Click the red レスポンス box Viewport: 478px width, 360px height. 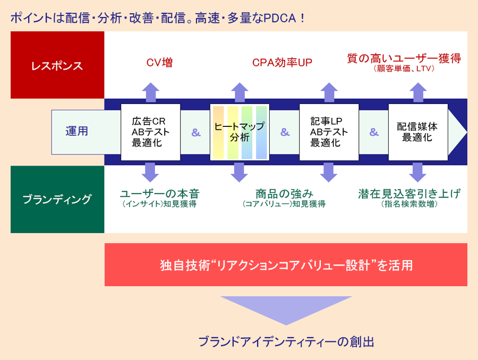coord(57,65)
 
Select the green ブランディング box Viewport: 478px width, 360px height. coord(57,199)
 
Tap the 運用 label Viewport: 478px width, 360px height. coord(77,131)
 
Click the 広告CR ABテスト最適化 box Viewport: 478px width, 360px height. coord(151,132)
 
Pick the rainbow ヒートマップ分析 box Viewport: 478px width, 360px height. coord(240,132)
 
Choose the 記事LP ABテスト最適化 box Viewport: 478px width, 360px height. coord(329,132)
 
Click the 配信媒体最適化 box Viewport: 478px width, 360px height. coord(418,132)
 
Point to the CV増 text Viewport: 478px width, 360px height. coord(159,63)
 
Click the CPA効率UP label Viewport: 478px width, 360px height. coord(283,63)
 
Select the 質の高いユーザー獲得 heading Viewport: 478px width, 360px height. coord(404,58)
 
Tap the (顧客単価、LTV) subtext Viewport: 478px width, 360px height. coord(404,68)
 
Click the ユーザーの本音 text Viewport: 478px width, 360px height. coord(160,194)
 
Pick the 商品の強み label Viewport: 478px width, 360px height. coord(284,194)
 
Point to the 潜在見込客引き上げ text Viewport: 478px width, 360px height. coord(409,194)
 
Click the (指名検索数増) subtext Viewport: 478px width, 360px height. coord(409,203)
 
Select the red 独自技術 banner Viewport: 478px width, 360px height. coord(286,264)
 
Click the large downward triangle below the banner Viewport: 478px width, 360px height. coord(286,308)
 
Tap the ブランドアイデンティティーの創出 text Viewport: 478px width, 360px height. coord(286,342)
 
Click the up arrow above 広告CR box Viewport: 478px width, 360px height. coord(151,92)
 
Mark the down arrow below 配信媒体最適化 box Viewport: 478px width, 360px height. coord(417,172)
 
